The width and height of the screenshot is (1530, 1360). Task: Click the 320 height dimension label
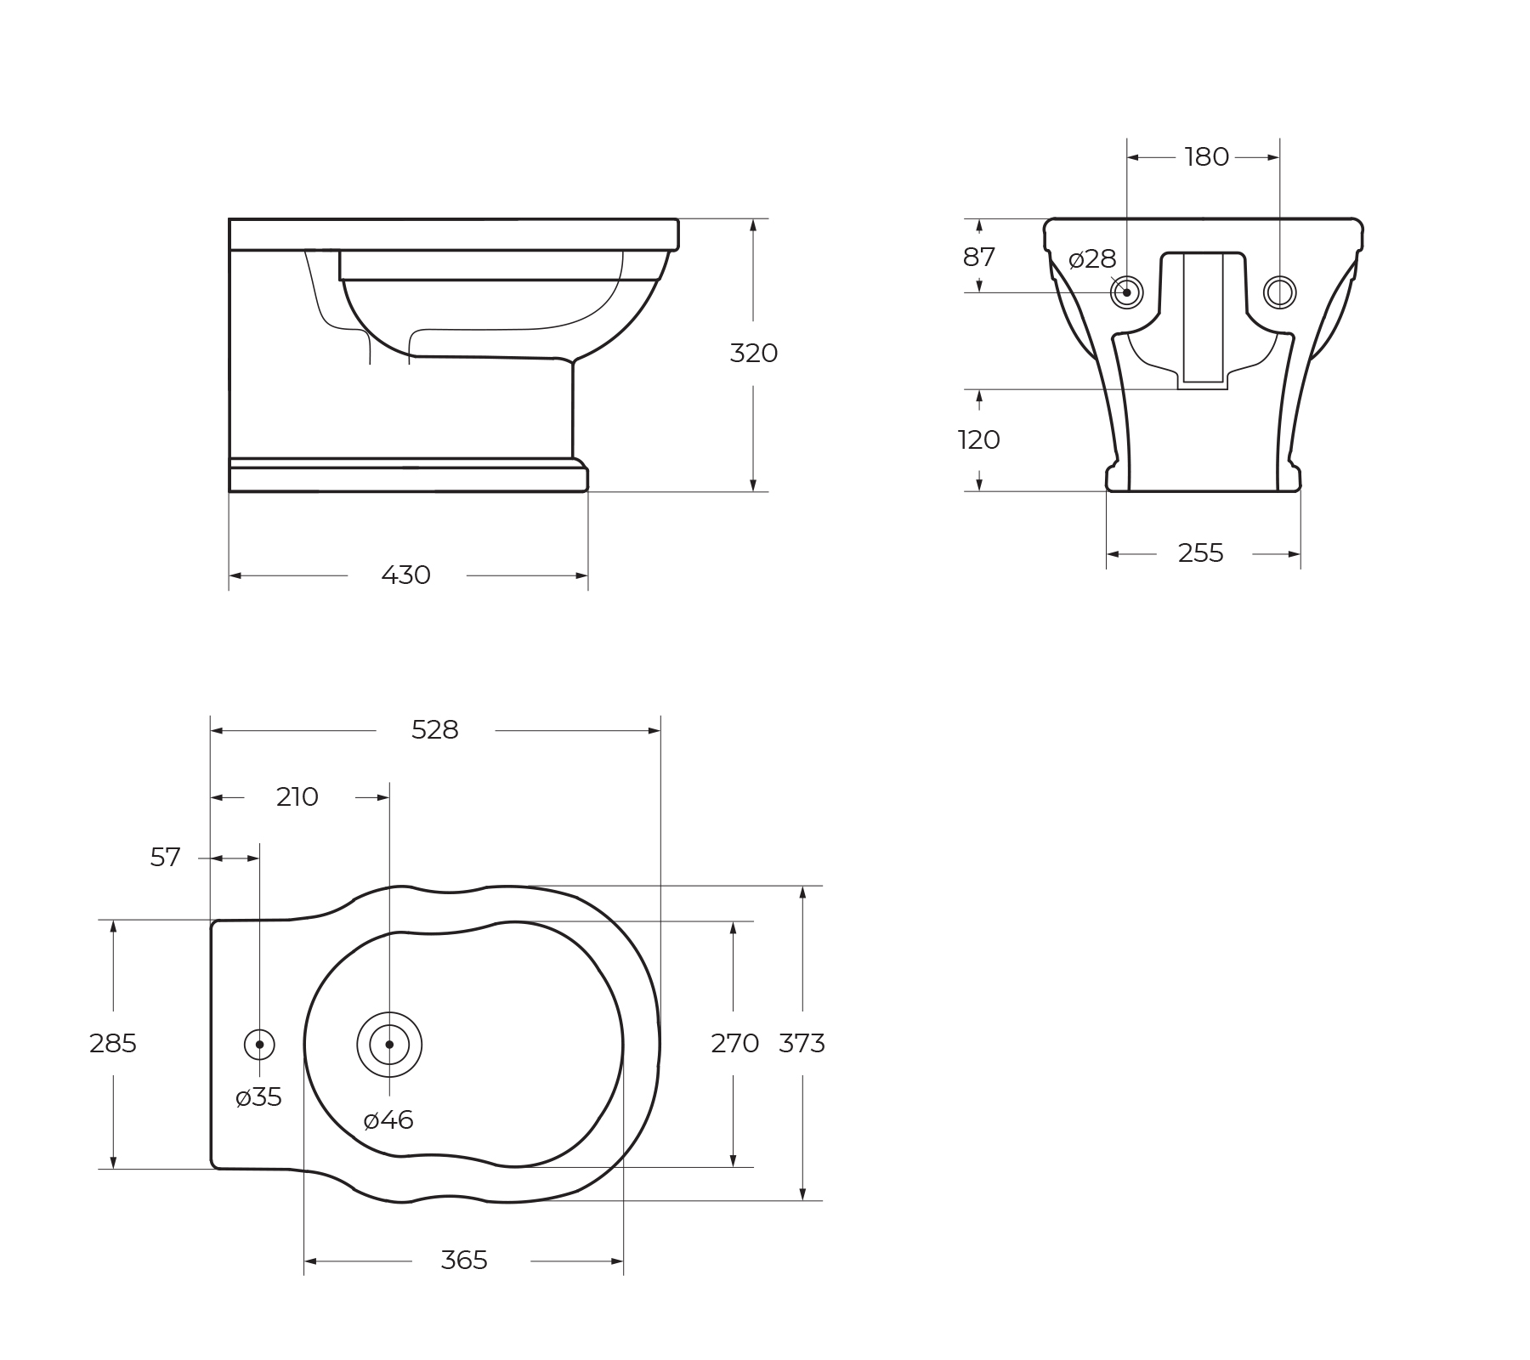(x=753, y=353)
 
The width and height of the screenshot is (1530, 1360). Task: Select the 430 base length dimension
(x=405, y=575)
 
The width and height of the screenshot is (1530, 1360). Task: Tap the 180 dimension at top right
(x=1206, y=157)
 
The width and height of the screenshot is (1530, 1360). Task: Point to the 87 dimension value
(x=978, y=257)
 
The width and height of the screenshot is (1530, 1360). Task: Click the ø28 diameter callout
(x=1091, y=259)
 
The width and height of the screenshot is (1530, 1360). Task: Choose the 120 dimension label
(x=978, y=439)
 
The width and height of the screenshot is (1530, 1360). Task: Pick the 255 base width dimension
(x=1200, y=553)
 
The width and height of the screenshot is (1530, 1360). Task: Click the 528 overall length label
(x=434, y=730)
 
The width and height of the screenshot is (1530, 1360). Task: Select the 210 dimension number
(x=297, y=797)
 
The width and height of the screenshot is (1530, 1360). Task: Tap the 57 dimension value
(x=165, y=858)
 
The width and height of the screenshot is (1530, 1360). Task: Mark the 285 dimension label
(x=112, y=1043)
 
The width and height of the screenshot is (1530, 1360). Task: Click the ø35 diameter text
(x=258, y=1097)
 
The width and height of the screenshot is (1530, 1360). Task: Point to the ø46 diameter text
(x=388, y=1120)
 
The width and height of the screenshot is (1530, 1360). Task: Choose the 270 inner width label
(x=734, y=1043)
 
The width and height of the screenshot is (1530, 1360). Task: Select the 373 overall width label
(x=802, y=1043)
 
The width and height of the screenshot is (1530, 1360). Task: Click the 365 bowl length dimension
(x=463, y=1260)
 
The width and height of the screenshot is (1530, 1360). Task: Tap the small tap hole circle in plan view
(x=259, y=1045)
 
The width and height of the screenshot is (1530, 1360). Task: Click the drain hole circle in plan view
(x=389, y=1045)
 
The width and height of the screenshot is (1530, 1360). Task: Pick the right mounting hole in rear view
(x=1279, y=292)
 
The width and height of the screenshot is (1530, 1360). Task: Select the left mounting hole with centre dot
(x=1127, y=292)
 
